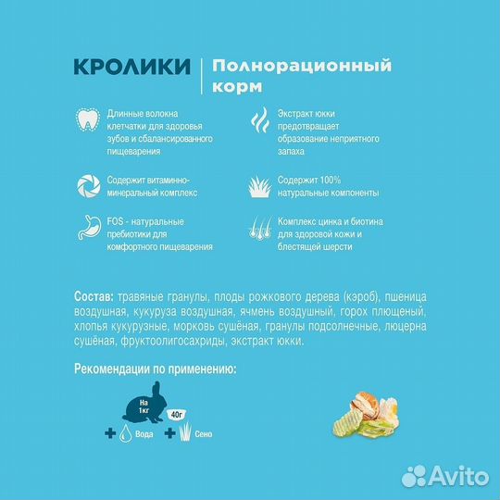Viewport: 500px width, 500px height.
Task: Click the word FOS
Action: [114, 221]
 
